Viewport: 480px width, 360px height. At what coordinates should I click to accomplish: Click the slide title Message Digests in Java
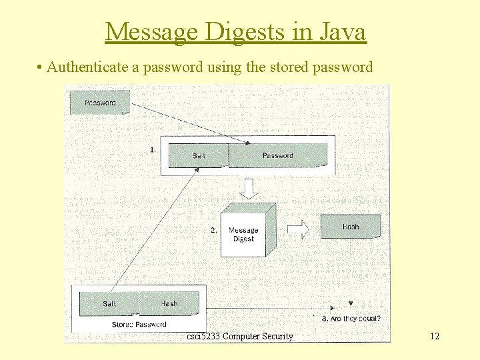point(235,31)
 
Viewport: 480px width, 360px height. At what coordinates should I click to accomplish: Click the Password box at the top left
point(100,103)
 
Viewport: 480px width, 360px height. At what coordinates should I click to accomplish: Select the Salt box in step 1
point(199,155)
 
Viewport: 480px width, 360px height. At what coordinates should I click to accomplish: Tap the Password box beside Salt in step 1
point(278,155)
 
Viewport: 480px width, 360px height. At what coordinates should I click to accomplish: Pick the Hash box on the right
point(351,227)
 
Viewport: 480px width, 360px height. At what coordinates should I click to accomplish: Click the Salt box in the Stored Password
point(109,304)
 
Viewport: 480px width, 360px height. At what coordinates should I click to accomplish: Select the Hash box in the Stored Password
point(169,304)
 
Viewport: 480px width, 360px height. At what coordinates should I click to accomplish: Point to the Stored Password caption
point(139,325)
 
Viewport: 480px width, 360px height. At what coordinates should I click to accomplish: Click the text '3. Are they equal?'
point(351,319)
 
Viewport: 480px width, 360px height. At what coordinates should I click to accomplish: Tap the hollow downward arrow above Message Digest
point(249,189)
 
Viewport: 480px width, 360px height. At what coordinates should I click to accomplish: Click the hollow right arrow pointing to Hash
point(299,229)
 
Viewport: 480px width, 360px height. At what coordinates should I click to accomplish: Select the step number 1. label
point(153,150)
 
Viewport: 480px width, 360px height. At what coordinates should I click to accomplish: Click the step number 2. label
point(214,230)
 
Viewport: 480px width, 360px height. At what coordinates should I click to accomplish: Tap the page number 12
point(435,337)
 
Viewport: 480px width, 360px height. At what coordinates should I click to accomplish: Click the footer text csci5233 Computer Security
point(240,337)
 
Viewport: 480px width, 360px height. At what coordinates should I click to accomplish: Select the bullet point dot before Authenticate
point(41,68)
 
